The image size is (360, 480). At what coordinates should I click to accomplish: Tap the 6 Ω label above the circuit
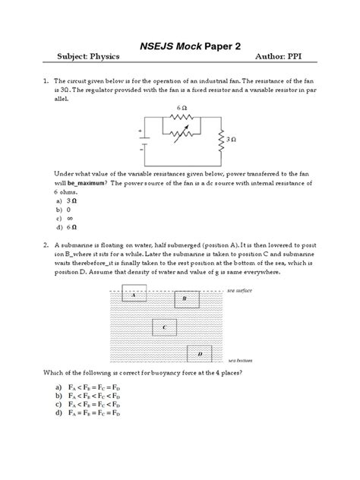point(182,109)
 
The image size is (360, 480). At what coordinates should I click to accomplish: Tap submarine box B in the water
point(185,299)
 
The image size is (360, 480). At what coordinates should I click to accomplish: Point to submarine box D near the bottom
point(200,354)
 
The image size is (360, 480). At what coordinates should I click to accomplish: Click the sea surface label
point(239,291)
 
